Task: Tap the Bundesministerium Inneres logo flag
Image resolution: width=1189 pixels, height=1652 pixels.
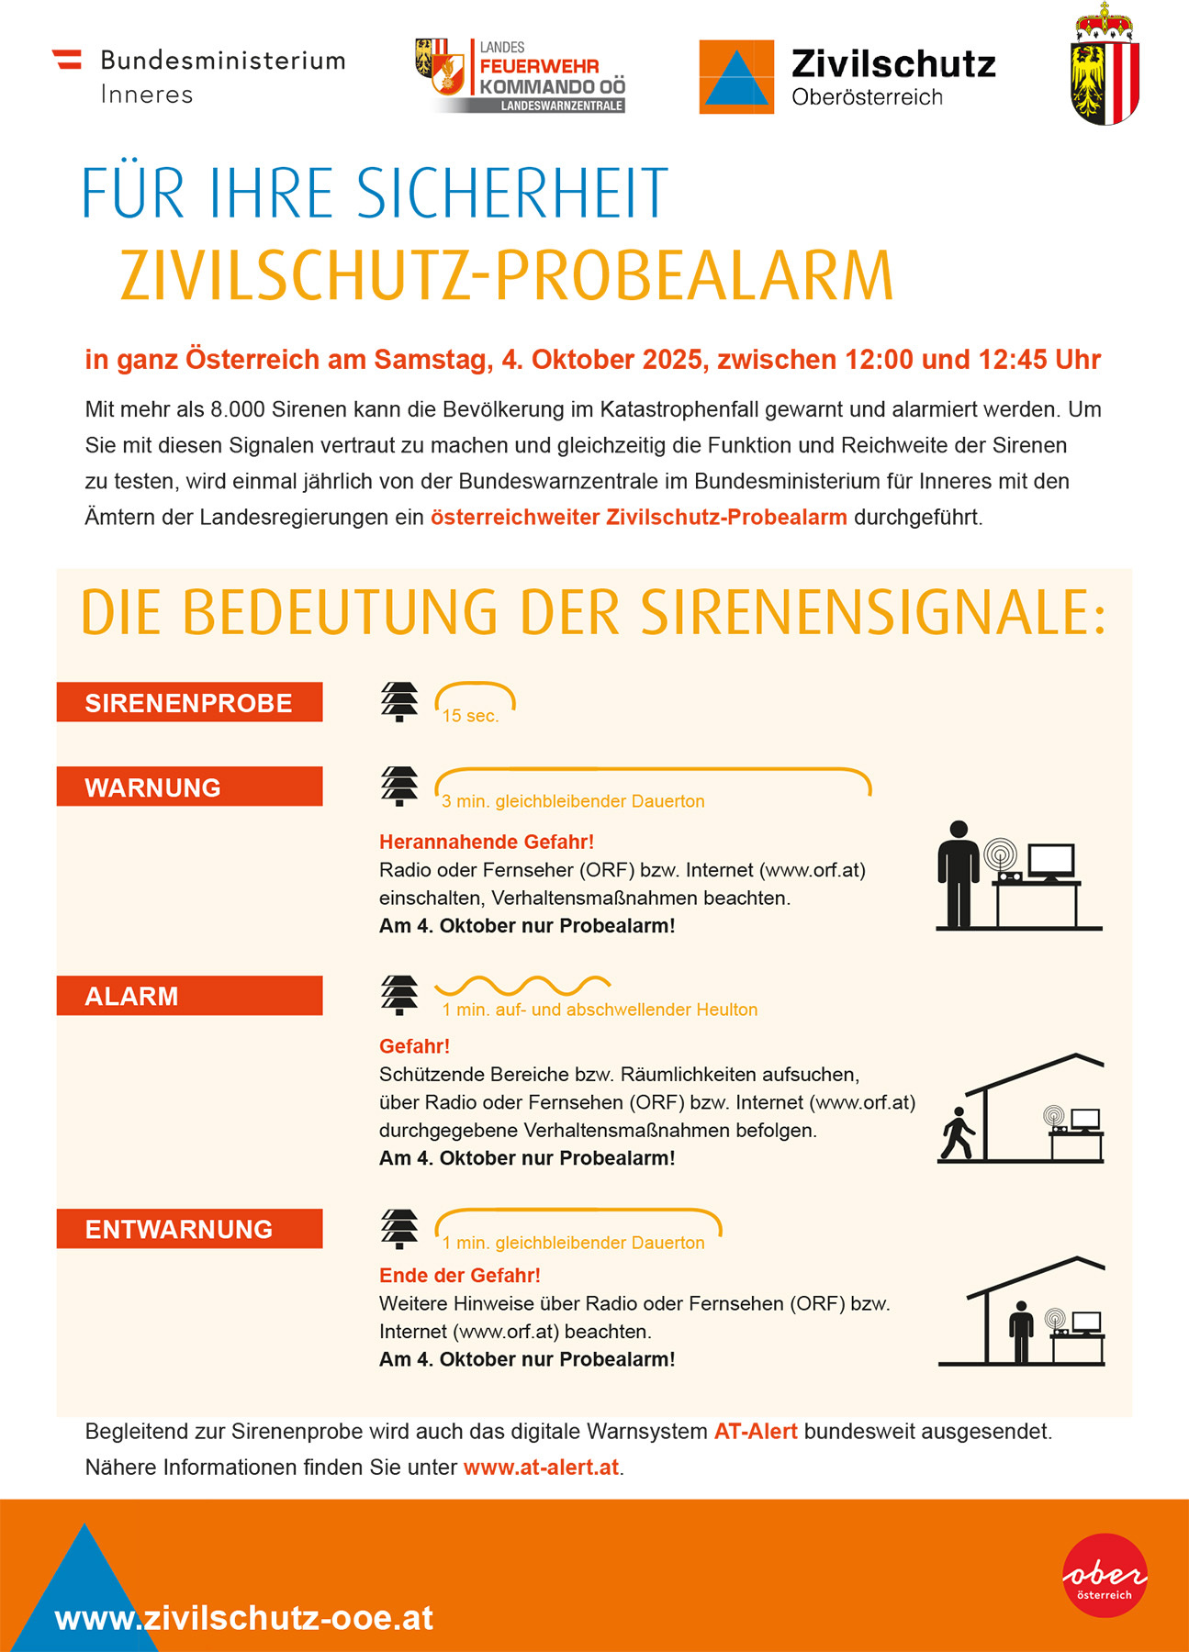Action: point(67,60)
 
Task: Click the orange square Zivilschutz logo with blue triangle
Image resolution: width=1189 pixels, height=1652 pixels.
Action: point(736,77)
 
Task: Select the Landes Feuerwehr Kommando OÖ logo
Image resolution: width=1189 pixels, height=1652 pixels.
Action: point(521,76)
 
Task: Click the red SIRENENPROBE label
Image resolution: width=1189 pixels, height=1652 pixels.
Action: point(189,702)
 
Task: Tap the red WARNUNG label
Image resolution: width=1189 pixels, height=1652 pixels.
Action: point(189,787)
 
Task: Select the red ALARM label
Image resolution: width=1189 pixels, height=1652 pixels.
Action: point(189,996)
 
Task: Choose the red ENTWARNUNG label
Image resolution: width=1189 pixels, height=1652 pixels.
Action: point(189,1229)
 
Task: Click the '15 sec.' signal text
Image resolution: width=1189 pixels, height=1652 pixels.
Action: point(470,716)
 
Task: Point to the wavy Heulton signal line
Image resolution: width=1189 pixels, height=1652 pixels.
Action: point(522,986)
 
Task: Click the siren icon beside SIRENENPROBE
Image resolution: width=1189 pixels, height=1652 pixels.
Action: point(399,702)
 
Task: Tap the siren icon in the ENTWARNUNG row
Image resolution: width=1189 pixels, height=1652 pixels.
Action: point(399,1229)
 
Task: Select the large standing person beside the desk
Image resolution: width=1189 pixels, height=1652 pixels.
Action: point(958,874)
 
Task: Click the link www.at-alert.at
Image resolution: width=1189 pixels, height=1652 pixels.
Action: point(541,1468)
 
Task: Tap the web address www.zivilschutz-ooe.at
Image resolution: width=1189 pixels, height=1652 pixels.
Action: point(244,1618)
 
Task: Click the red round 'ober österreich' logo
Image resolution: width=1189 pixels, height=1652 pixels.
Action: point(1105,1575)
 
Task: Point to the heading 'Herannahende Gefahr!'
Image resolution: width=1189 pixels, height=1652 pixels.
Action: point(487,842)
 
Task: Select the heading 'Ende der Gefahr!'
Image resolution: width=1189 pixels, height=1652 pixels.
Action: point(460,1276)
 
